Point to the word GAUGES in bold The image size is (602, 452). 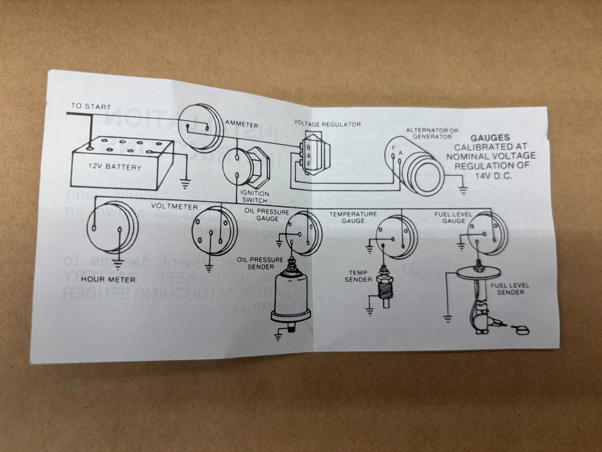[490, 137]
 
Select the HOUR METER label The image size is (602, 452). [108, 279]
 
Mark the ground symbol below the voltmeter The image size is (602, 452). [208, 267]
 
